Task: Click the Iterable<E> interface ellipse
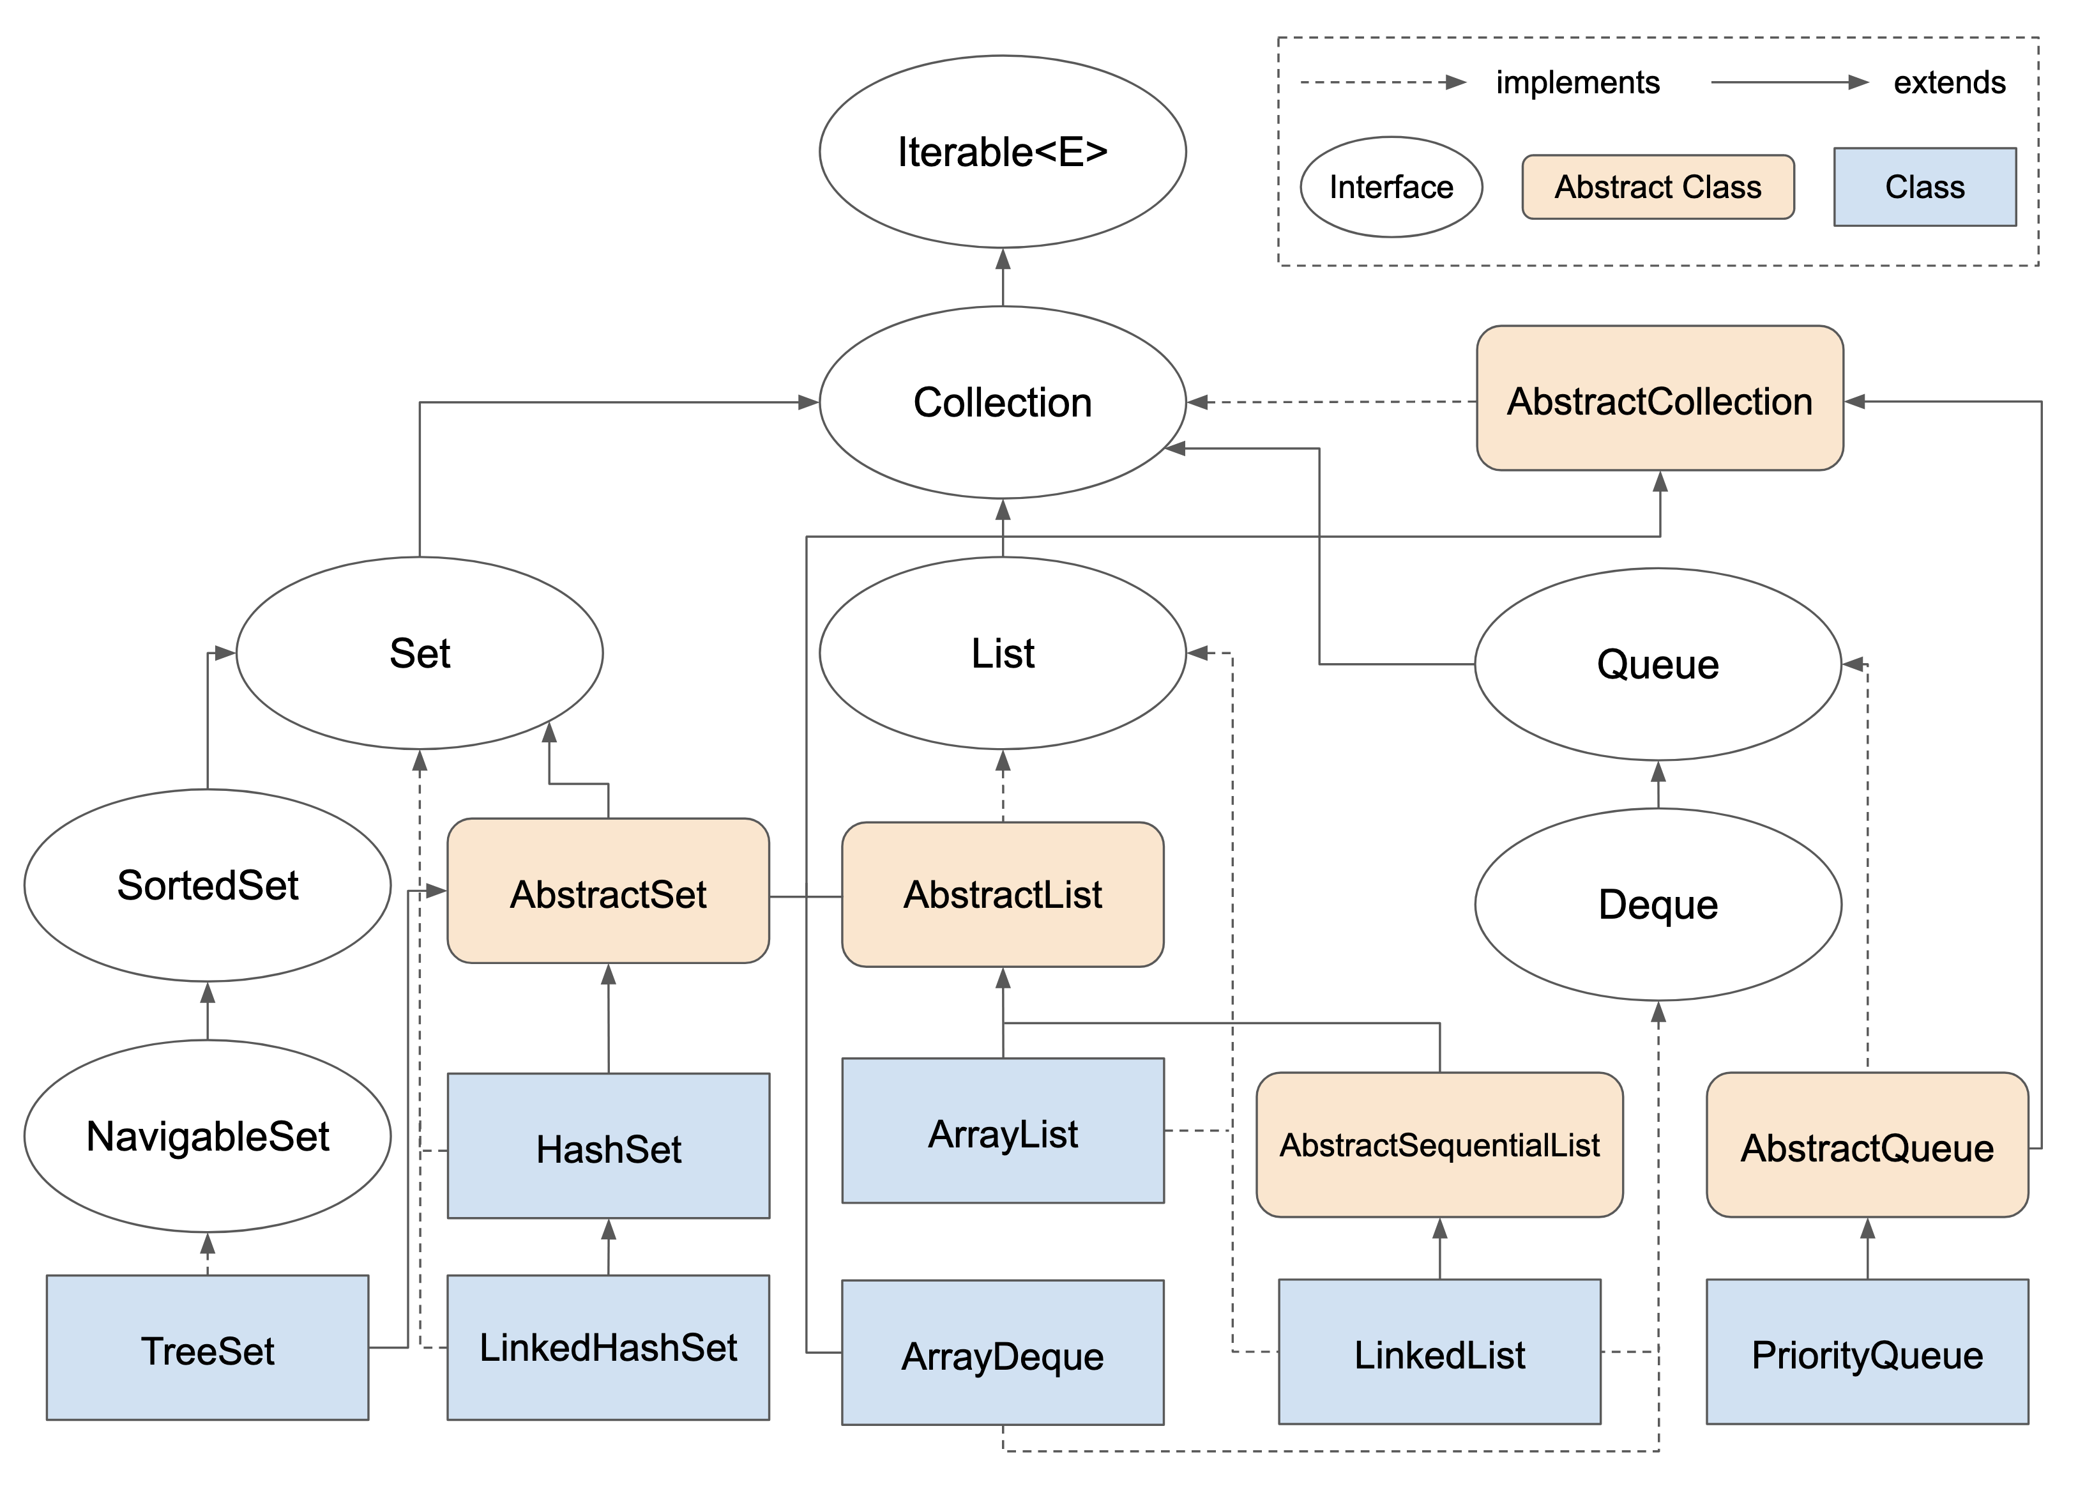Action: (x=1003, y=152)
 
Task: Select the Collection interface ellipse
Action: (x=1003, y=402)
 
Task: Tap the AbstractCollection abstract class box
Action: (x=1659, y=398)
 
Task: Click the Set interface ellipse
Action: (x=420, y=654)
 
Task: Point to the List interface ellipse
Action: (x=1003, y=654)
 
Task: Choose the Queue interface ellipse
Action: (x=1657, y=664)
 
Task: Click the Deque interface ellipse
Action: (x=1657, y=904)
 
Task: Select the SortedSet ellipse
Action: (x=208, y=885)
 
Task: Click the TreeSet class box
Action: (x=208, y=1348)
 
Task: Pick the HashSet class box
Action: (x=608, y=1145)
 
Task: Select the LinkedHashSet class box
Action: (x=608, y=1348)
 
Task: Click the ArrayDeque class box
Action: (x=1003, y=1352)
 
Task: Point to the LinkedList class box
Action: (x=1439, y=1351)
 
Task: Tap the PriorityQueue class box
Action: (x=1867, y=1351)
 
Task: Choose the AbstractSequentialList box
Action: (x=1439, y=1145)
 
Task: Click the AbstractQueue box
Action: (x=1867, y=1145)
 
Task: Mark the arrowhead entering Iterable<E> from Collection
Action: (x=1003, y=259)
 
